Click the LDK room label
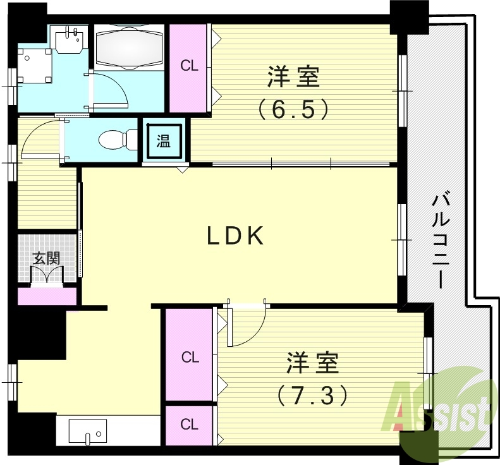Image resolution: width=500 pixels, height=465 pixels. [235, 236]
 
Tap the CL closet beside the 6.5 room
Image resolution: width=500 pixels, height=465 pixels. [188, 66]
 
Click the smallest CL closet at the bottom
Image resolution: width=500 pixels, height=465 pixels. [189, 425]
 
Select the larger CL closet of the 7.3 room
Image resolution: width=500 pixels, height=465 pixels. [190, 357]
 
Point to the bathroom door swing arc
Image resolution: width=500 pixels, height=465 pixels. [111, 88]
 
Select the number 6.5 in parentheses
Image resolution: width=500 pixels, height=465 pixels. [294, 109]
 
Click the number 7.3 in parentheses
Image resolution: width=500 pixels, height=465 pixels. [312, 396]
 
